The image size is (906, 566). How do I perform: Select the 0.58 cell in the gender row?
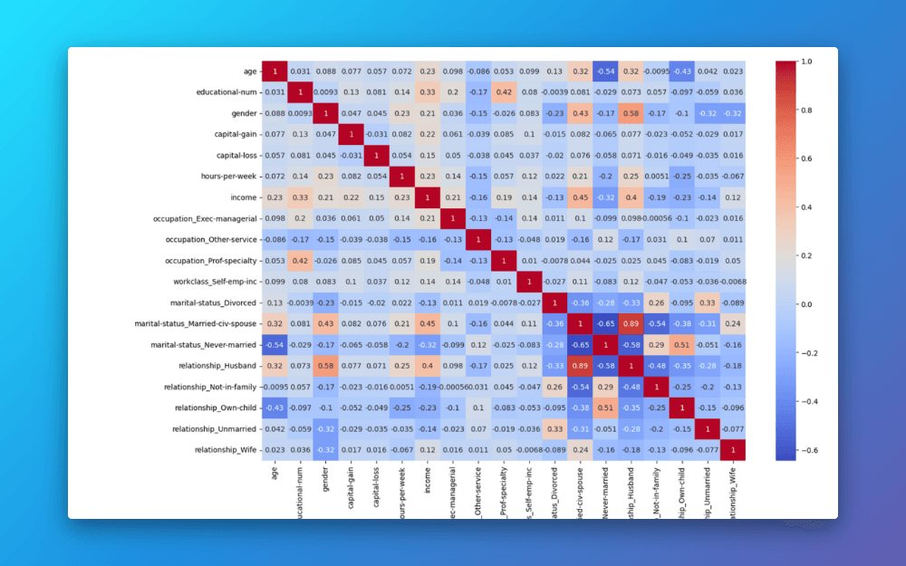click(x=631, y=111)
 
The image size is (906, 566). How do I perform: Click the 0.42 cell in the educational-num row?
click(x=504, y=91)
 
